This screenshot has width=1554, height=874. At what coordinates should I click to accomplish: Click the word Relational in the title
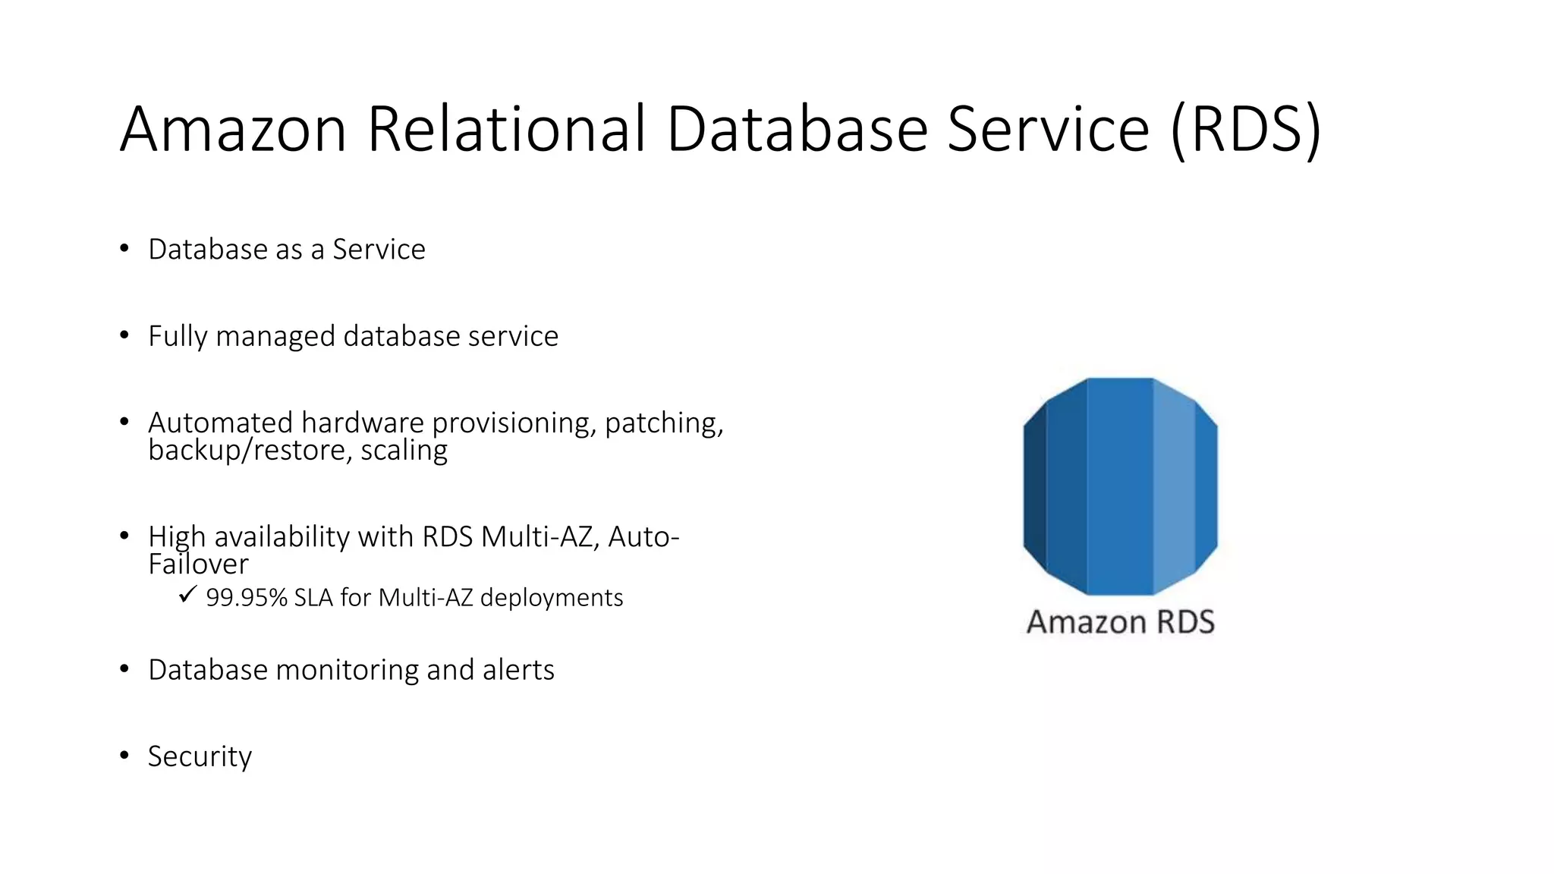click(x=507, y=129)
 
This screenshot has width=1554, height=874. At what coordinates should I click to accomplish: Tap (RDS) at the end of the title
click(x=1246, y=129)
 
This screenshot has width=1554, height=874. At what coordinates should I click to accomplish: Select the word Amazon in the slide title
click(x=233, y=129)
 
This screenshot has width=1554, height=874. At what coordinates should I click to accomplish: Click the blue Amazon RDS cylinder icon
click(x=1120, y=486)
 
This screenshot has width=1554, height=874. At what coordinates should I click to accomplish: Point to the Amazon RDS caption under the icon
click(x=1120, y=622)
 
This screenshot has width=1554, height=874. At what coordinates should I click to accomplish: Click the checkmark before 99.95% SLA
click(x=187, y=595)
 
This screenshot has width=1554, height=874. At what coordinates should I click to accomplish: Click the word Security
click(x=200, y=756)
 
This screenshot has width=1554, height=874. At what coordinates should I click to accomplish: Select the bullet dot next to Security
click(x=124, y=756)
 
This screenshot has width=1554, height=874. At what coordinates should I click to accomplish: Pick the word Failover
click(x=198, y=564)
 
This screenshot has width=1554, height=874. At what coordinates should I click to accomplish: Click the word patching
click(x=663, y=423)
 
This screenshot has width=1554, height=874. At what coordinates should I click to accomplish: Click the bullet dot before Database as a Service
click(x=124, y=249)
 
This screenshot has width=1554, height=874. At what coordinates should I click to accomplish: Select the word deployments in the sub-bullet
click(x=552, y=598)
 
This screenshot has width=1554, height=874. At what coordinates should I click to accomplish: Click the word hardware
click(x=363, y=423)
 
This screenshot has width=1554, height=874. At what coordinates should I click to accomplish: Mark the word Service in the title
click(x=1049, y=129)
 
